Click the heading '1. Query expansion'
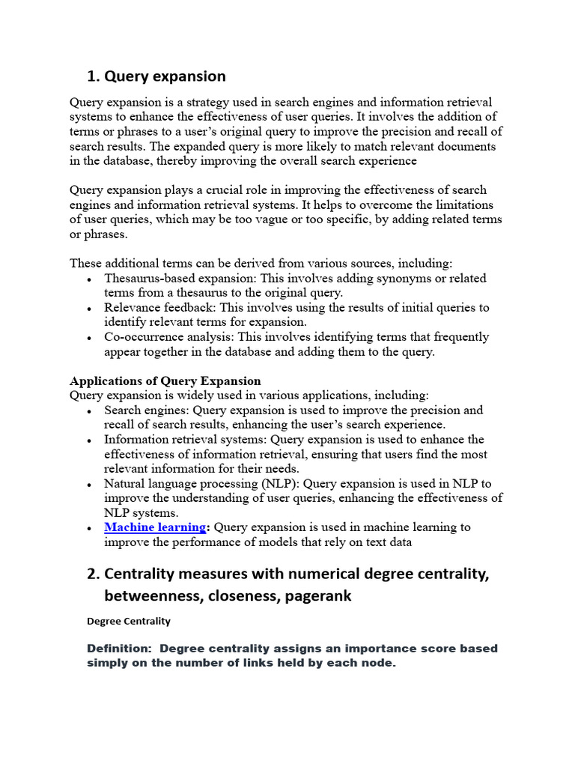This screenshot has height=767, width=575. click(156, 76)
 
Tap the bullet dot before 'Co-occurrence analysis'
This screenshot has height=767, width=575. click(89, 337)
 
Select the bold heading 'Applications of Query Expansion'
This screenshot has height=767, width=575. click(165, 381)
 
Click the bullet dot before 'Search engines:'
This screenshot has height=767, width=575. click(89, 410)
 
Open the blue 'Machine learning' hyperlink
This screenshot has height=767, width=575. click(155, 527)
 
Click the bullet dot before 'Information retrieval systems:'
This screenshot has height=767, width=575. click(89, 440)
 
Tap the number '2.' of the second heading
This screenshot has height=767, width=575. click(94, 574)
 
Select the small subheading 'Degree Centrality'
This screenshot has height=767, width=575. click(129, 621)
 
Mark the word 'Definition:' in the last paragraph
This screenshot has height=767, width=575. click(119, 648)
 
